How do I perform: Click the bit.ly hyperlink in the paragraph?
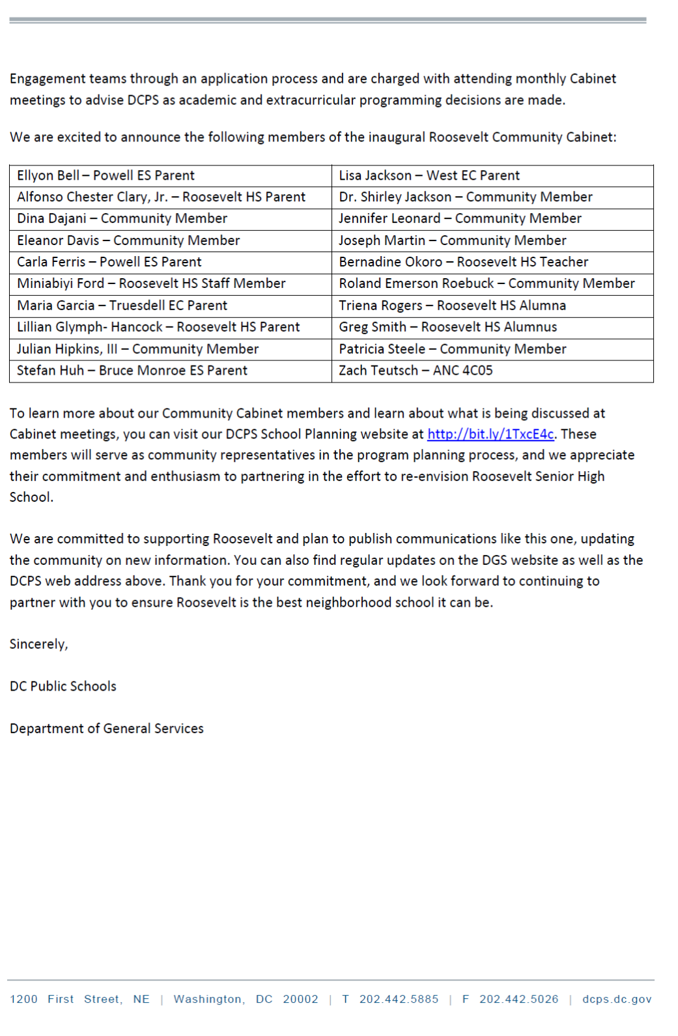(490, 434)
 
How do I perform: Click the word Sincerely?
(38, 644)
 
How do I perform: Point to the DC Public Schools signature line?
(63, 686)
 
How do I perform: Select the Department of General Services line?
(107, 728)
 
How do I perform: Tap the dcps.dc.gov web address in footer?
(616, 999)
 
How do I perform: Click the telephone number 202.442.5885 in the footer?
(399, 999)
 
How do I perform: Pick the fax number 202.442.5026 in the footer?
(518, 999)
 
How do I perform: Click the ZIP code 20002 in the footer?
(300, 999)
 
